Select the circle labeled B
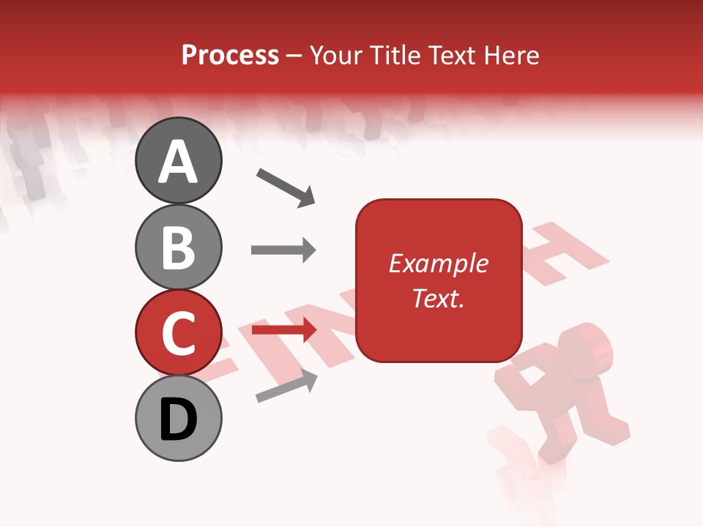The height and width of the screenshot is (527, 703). [179, 247]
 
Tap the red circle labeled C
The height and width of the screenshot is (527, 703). [179, 332]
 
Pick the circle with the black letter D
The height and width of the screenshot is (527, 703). [179, 418]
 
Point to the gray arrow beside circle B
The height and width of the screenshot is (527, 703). [283, 250]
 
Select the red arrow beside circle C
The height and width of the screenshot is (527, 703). [283, 331]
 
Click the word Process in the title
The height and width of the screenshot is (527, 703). [230, 55]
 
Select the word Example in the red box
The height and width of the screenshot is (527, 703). [438, 263]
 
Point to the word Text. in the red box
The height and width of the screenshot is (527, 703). [438, 298]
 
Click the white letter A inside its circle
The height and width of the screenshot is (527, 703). [179, 162]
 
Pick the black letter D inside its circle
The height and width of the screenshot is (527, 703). [179, 419]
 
